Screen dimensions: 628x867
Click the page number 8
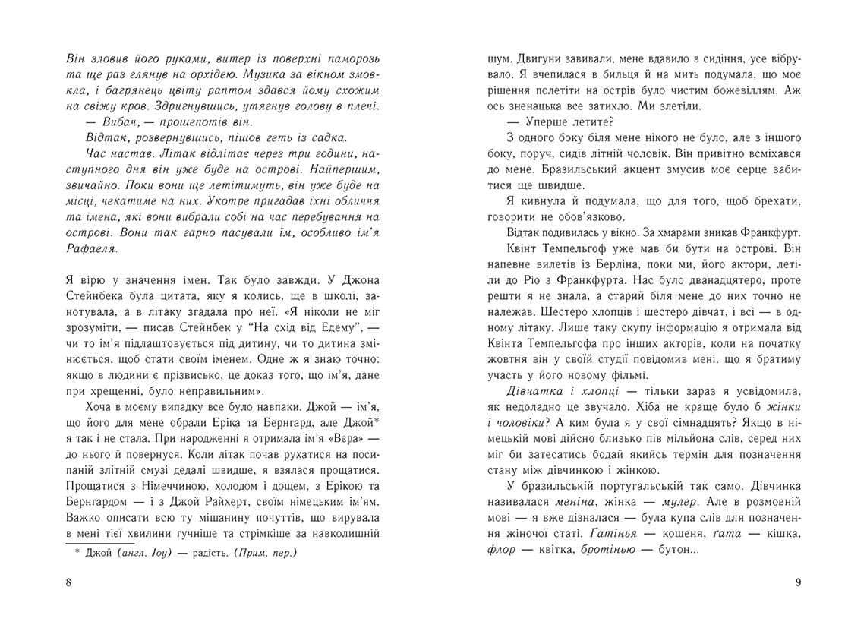click(x=69, y=582)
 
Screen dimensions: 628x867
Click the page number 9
click(x=798, y=582)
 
